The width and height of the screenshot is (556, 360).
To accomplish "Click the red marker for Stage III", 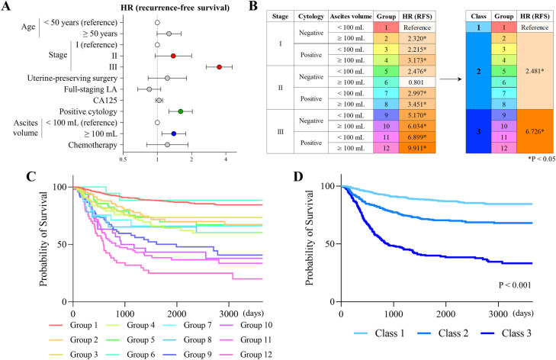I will click(219, 67).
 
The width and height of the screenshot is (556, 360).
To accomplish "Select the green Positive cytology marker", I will click(180, 111).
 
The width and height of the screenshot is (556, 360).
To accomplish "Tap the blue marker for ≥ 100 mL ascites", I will click(174, 133).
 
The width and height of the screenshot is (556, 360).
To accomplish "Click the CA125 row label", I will click(95, 100).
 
